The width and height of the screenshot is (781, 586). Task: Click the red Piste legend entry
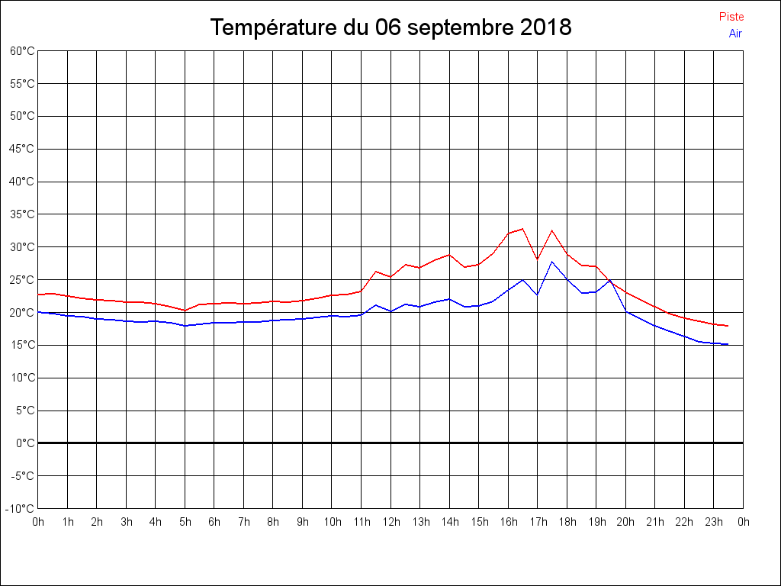tap(731, 17)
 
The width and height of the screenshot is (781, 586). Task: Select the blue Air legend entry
tap(735, 34)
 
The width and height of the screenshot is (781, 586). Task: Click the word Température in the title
tap(274, 27)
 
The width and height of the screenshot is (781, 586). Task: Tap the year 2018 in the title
tap(545, 27)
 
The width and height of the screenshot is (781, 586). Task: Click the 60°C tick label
tap(22, 50)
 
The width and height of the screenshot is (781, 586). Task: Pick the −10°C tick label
tap(21, 508)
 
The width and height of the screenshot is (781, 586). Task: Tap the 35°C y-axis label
tap(22, 214)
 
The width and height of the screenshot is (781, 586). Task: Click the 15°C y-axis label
tap(22, 345)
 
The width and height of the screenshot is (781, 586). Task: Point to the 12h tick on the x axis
tap(390, 522)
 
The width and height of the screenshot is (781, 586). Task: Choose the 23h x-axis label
tap(714, 522)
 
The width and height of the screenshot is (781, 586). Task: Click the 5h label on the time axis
tap(185, 522)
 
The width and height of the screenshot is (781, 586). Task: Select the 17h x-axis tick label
tap(538, 522)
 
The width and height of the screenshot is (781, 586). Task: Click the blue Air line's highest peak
tap(552, 262)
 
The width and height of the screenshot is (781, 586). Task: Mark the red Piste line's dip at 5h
tap(185, 311)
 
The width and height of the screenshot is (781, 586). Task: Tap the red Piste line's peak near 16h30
tap(522, 228)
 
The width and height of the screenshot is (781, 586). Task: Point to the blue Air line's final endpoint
tap(728, 344)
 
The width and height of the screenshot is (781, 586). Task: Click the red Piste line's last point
tap(728, 326)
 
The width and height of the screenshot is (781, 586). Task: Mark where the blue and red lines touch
tap(611, 281)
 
